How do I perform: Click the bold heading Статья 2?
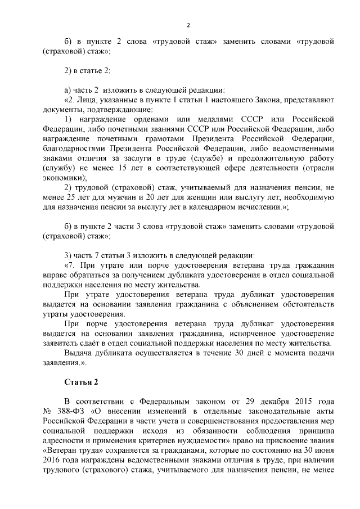point(82,382)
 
